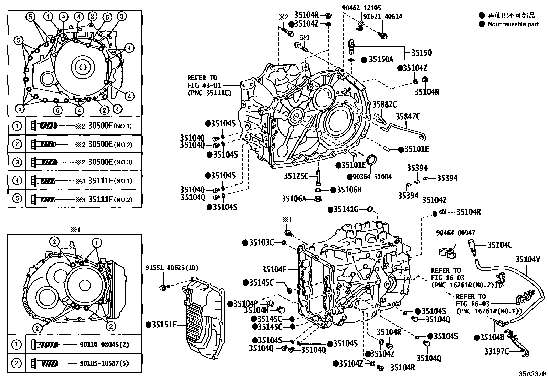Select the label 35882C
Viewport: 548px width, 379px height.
[x=385, y=104]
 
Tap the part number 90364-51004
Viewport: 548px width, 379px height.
[x=372, y=177]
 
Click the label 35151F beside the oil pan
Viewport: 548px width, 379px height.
[x=164, y=325]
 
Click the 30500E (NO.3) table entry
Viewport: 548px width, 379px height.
[x=110, y=162]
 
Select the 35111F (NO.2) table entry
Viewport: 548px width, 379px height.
[x=110, y=199]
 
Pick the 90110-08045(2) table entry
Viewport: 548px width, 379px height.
[x=104, y=345]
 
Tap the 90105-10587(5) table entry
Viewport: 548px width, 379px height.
[x=104, y=363]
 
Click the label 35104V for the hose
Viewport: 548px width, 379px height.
[x=527, y=259]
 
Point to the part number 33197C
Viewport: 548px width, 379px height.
[x=497, y=351]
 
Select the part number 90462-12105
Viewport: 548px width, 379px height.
[x=361, y=8]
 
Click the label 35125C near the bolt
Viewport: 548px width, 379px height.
[x=296, y=176]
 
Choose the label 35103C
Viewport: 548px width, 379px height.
[x=261, y=243]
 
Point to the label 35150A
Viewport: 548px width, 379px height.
[x=381, y=59]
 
